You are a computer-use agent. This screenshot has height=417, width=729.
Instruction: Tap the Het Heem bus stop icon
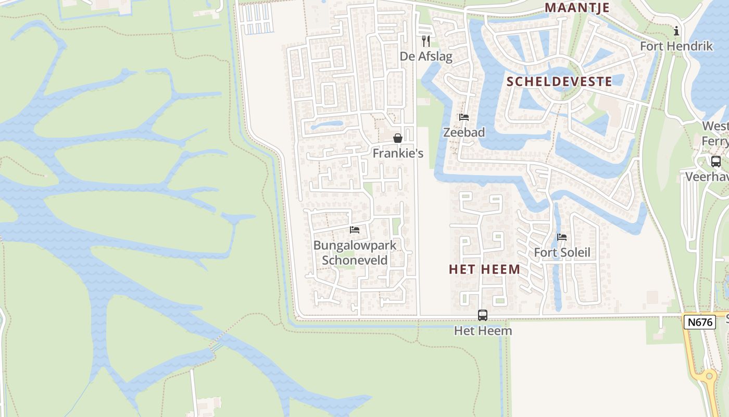(x=483, y=315)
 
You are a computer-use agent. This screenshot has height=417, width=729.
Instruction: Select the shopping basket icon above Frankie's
(x=398, y=138)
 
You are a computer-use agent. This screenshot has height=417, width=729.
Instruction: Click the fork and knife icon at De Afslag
(x=426, y=41)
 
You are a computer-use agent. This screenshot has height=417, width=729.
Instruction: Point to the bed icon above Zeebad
(x=464, y=117)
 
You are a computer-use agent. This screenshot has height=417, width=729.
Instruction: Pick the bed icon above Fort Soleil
(x=562, y=237)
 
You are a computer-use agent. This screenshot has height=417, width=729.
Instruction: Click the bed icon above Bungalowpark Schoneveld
(x=355, y=230)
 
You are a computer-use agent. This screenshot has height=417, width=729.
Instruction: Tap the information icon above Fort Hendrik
(x=676, y=31)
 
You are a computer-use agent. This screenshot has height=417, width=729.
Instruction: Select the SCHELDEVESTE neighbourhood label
(x=559, y=81)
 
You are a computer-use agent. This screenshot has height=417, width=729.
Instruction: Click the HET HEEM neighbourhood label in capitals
(x=484, y=269)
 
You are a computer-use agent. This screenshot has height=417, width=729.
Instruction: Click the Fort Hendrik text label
(x=676, y=46)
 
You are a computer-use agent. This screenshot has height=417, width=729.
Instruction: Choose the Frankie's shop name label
(x=398, y=153)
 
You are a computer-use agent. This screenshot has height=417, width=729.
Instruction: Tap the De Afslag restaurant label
(x=426, y=56)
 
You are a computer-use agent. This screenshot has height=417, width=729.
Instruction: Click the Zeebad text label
(x=464, y=132)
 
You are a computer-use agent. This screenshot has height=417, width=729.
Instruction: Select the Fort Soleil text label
(x=562, y=253)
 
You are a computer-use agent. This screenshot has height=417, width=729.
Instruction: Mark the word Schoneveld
(x=355, y=260)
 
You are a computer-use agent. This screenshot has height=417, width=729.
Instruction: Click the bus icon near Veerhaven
(x=716, y=162)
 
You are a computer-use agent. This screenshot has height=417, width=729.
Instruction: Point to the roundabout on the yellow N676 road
(x=708, y=376)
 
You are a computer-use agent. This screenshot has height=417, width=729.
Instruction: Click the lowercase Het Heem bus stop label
(x=483, y=330)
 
